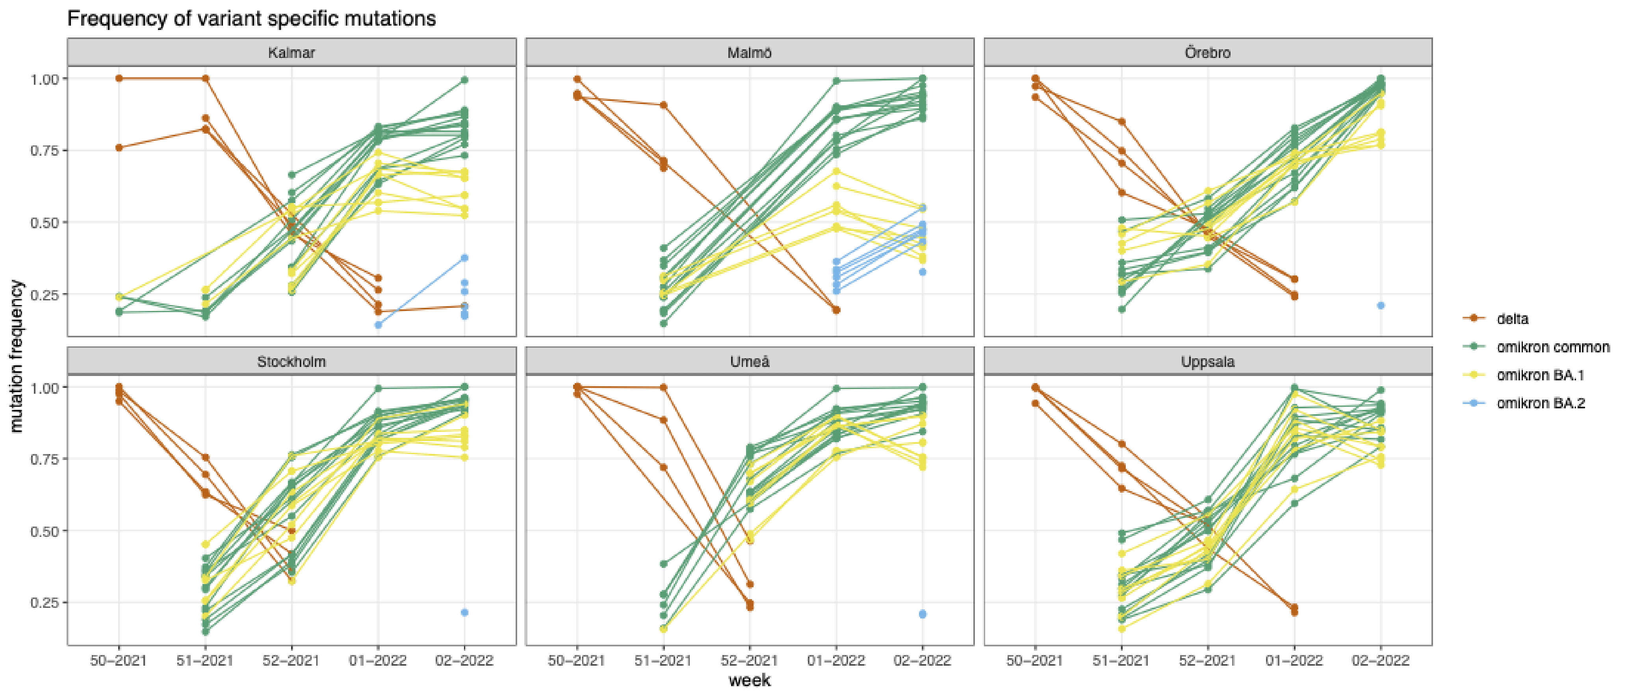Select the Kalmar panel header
[x=291, y=52]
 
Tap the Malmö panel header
[x=750, y=52]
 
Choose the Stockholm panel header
[x=291, y=362]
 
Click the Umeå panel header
[x=750, y=362]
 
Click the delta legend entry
[x=1512, y=318]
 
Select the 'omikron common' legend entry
[x=1552, y=347]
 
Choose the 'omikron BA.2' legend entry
[x=1540, y=403]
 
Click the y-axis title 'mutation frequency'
[x=17, y=356]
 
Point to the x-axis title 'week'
[x=750, y=680]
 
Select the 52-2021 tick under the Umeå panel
[x=750, y=661]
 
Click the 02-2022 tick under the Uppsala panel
[x=1380, y=661]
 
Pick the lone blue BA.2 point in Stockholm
[x=464, y=612]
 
